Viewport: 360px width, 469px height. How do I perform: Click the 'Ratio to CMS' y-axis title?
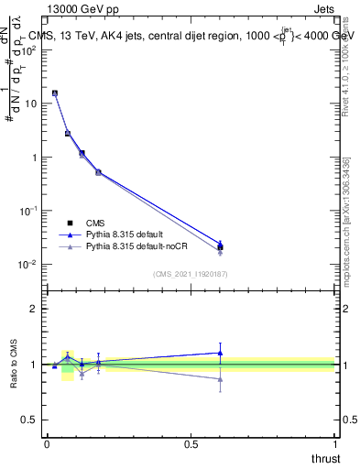[x=14, y=364]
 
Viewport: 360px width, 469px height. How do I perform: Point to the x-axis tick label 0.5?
[x=191, y=443]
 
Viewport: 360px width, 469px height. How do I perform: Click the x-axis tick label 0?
[x=47, y=443]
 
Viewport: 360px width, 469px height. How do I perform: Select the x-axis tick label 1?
[x=335, y=443]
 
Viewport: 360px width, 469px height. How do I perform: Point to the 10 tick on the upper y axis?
[x=31, y=104]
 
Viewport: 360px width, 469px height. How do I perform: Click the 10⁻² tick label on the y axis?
[x=29, y=265]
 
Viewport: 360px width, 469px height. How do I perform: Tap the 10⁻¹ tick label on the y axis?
[x=29, y=211]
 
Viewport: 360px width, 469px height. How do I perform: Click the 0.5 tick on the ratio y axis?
[x=32, y=420]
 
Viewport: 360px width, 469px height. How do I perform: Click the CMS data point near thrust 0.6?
[x=220, y=247]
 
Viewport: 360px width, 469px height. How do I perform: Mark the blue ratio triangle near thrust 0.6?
[x=220, y=353]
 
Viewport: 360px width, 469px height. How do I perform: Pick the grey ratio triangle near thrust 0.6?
[x=220, y=378]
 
